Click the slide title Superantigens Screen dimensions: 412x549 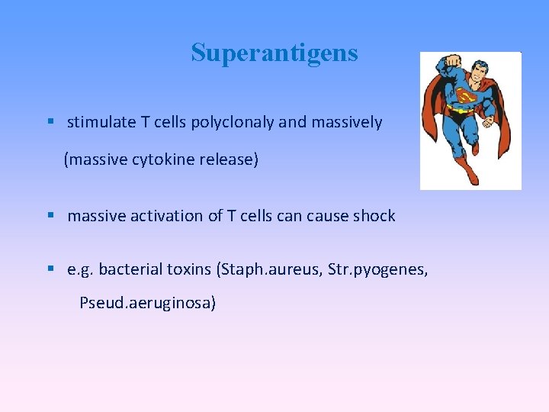(274, 53)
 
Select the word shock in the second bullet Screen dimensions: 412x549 (374, 216)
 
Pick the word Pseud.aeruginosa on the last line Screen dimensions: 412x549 (148, 303)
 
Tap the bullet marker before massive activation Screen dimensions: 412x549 (50, 215)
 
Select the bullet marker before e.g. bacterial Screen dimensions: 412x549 (50, 269)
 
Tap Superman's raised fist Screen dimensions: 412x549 (453, 60)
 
